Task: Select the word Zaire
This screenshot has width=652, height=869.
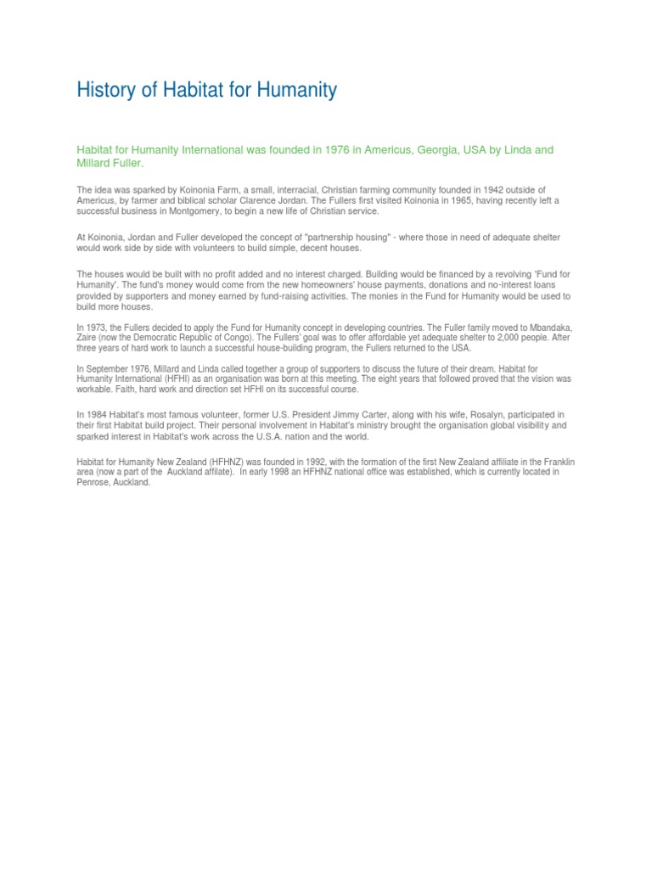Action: pyautogui.click(x=88, y=338)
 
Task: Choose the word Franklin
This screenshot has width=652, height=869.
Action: pyautogui.click(x=556, y=462)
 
